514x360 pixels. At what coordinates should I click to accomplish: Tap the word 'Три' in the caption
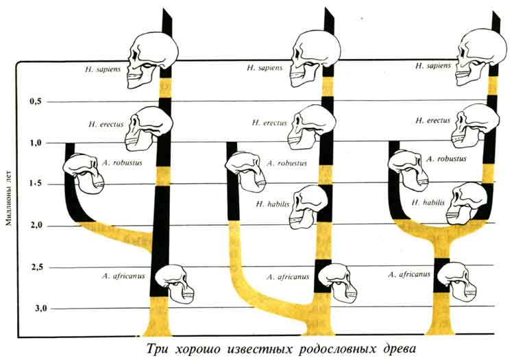click(157, 347)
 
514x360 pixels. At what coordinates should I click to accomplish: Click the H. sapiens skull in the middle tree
click(315, 55)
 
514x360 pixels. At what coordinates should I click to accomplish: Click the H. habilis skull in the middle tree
click(308, 206)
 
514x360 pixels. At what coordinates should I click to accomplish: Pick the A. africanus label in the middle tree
click(289, 276)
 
